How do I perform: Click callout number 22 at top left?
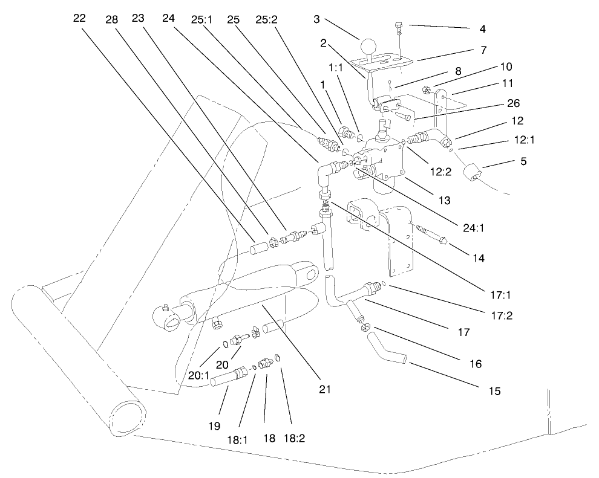(x=80, y=19)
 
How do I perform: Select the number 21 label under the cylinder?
(x=326, y=390)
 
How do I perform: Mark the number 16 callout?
(x=475, y=364)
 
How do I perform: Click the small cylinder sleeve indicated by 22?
(x=258, y=248)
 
